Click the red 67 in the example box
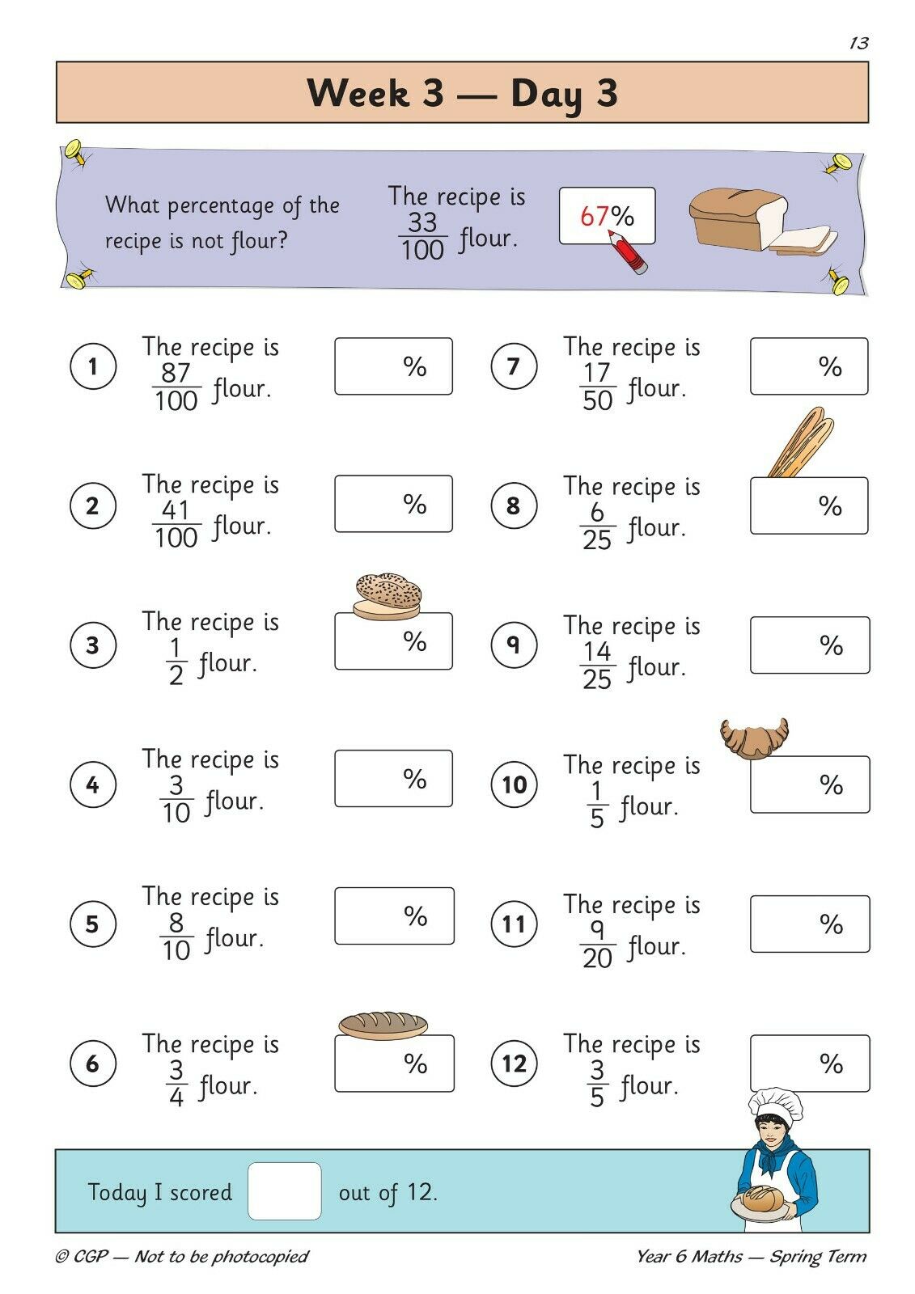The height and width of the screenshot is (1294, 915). (x=594, y=216)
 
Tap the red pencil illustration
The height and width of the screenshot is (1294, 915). (x=626, y=252)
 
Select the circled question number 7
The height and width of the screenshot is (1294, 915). (x=513, y=366)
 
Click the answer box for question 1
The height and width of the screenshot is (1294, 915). (x=394, y=366)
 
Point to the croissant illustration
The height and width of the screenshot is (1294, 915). (x=754, y=738)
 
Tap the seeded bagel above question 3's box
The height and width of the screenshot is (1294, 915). (x=388, y=597)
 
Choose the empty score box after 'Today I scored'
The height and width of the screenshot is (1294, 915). (x=285, y=1191)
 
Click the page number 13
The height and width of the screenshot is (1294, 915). (x=859, y=43)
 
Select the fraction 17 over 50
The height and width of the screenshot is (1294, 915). (x=597, y=386)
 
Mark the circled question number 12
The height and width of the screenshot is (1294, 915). (x=514, y=1063)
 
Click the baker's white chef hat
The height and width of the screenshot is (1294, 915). (x=775, y=1104)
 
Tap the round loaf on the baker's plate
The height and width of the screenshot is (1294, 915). (x=764, y=1199)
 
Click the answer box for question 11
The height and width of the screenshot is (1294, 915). (x=810, y=924)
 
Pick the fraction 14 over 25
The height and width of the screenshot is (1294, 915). (x=597, y=666)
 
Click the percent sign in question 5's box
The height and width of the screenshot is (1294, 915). (x=416, y=916)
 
